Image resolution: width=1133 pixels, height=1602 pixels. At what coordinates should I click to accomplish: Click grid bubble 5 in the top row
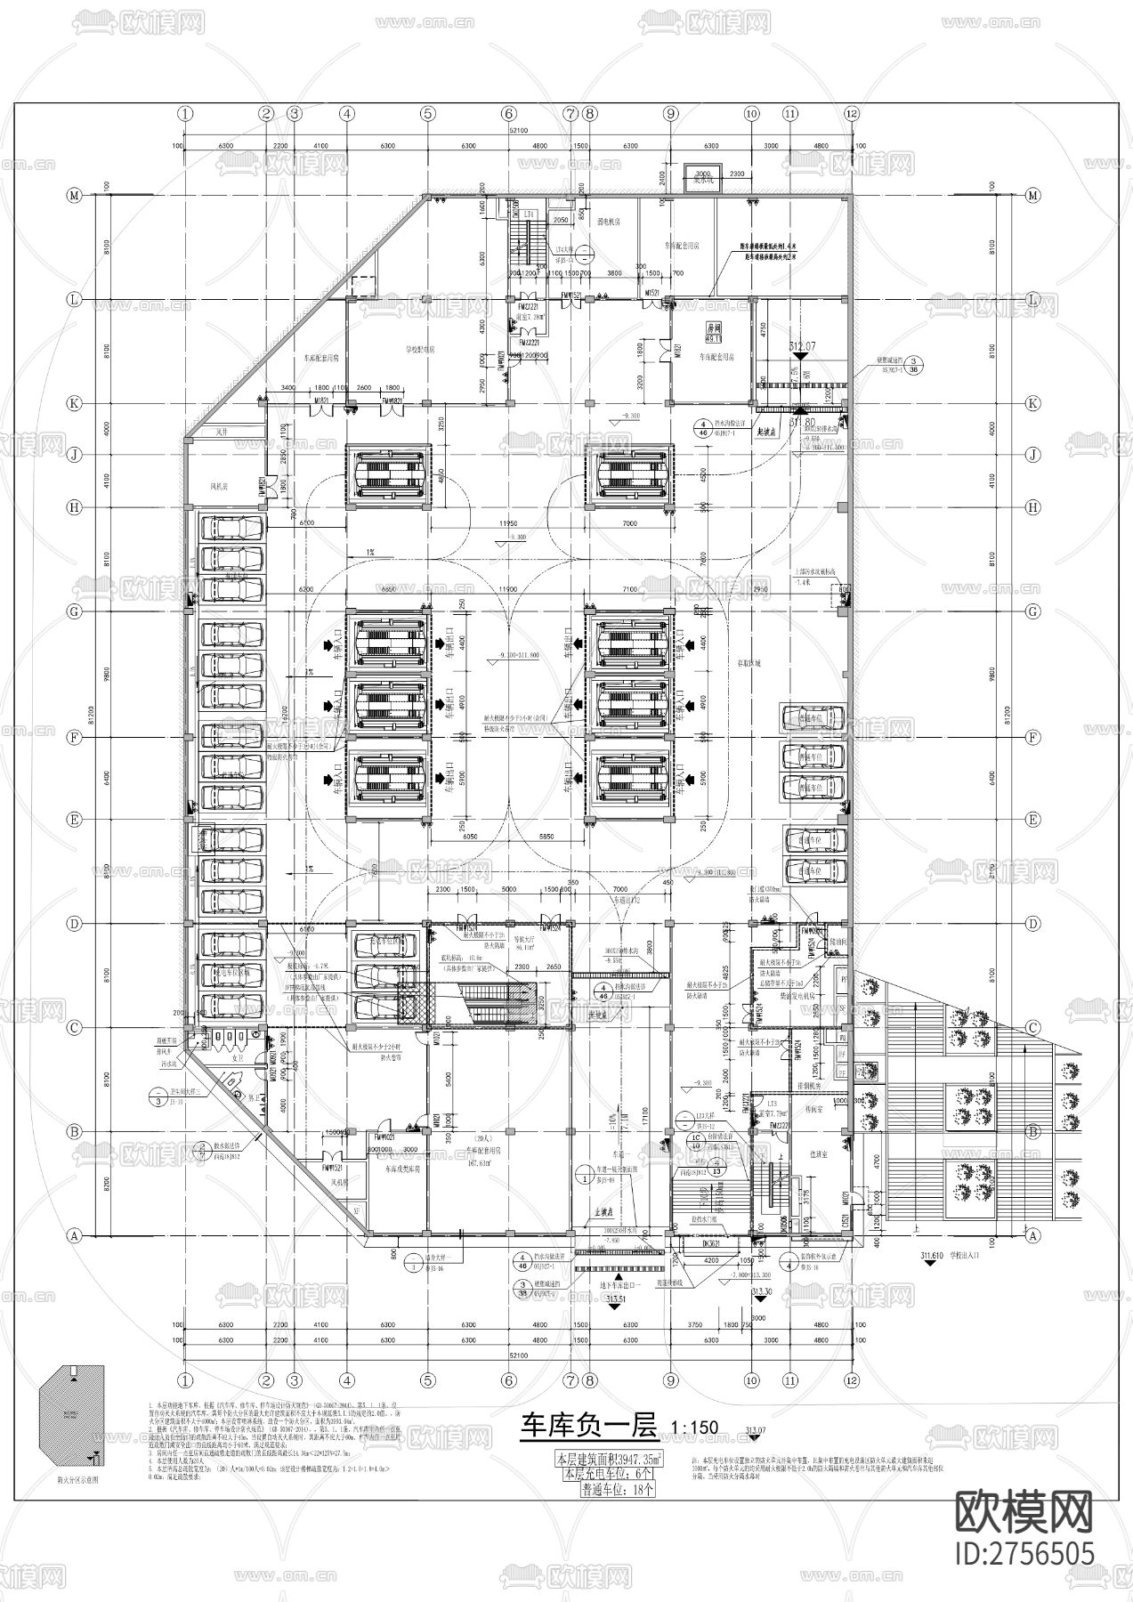(x=428, y=113)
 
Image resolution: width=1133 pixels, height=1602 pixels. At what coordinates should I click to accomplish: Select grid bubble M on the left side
(x=75, y=195)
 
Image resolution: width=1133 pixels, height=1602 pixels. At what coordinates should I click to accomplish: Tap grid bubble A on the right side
(x=1032, y=1235)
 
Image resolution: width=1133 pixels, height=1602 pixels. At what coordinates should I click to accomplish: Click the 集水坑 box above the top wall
(x=703, y=176)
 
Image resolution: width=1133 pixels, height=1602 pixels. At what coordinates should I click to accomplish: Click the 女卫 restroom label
(x=238, y=1058)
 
